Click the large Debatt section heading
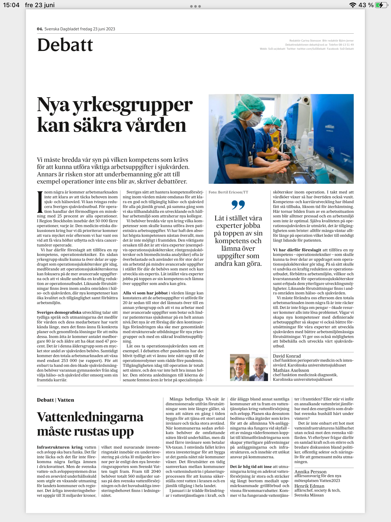pos(65,45)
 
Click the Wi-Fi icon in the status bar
pos(353,5)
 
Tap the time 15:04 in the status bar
pos(11,5)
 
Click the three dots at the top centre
pos(195,6)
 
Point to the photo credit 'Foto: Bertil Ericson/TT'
pos(228,192)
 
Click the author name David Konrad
pos(287,356)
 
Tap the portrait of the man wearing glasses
pos(239,368)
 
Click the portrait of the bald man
pos(259,368)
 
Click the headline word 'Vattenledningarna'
pos(90,417)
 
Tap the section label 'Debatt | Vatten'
pos(55,400)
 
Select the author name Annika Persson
pos(310,472)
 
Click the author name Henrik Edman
pos(309,486)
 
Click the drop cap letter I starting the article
pos(40,202)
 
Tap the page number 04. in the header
pos(40,29)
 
